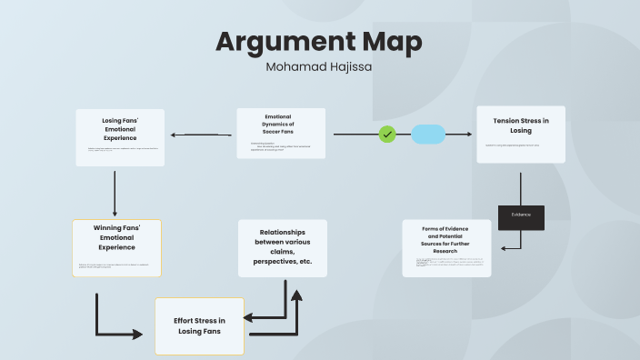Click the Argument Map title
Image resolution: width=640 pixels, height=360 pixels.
click(x=319, y=42)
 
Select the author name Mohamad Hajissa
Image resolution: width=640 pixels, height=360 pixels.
click(x=319, y=66)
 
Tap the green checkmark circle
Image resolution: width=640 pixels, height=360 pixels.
click(x=387, y=135)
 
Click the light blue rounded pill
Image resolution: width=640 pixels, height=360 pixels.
click(x=428, y=135)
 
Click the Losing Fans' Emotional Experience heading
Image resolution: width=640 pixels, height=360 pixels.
click(x=119, y=128)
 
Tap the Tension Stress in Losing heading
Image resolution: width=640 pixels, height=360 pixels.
click(x=521, y=125)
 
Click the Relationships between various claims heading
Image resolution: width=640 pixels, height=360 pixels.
click(x=282, y=245)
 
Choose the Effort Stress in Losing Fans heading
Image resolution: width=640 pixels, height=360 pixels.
click(x=199, y=325)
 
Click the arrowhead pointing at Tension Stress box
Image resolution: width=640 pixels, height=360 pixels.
click(x=469, y=135)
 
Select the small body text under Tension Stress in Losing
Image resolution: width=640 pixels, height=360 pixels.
click(x=512, y=145)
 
